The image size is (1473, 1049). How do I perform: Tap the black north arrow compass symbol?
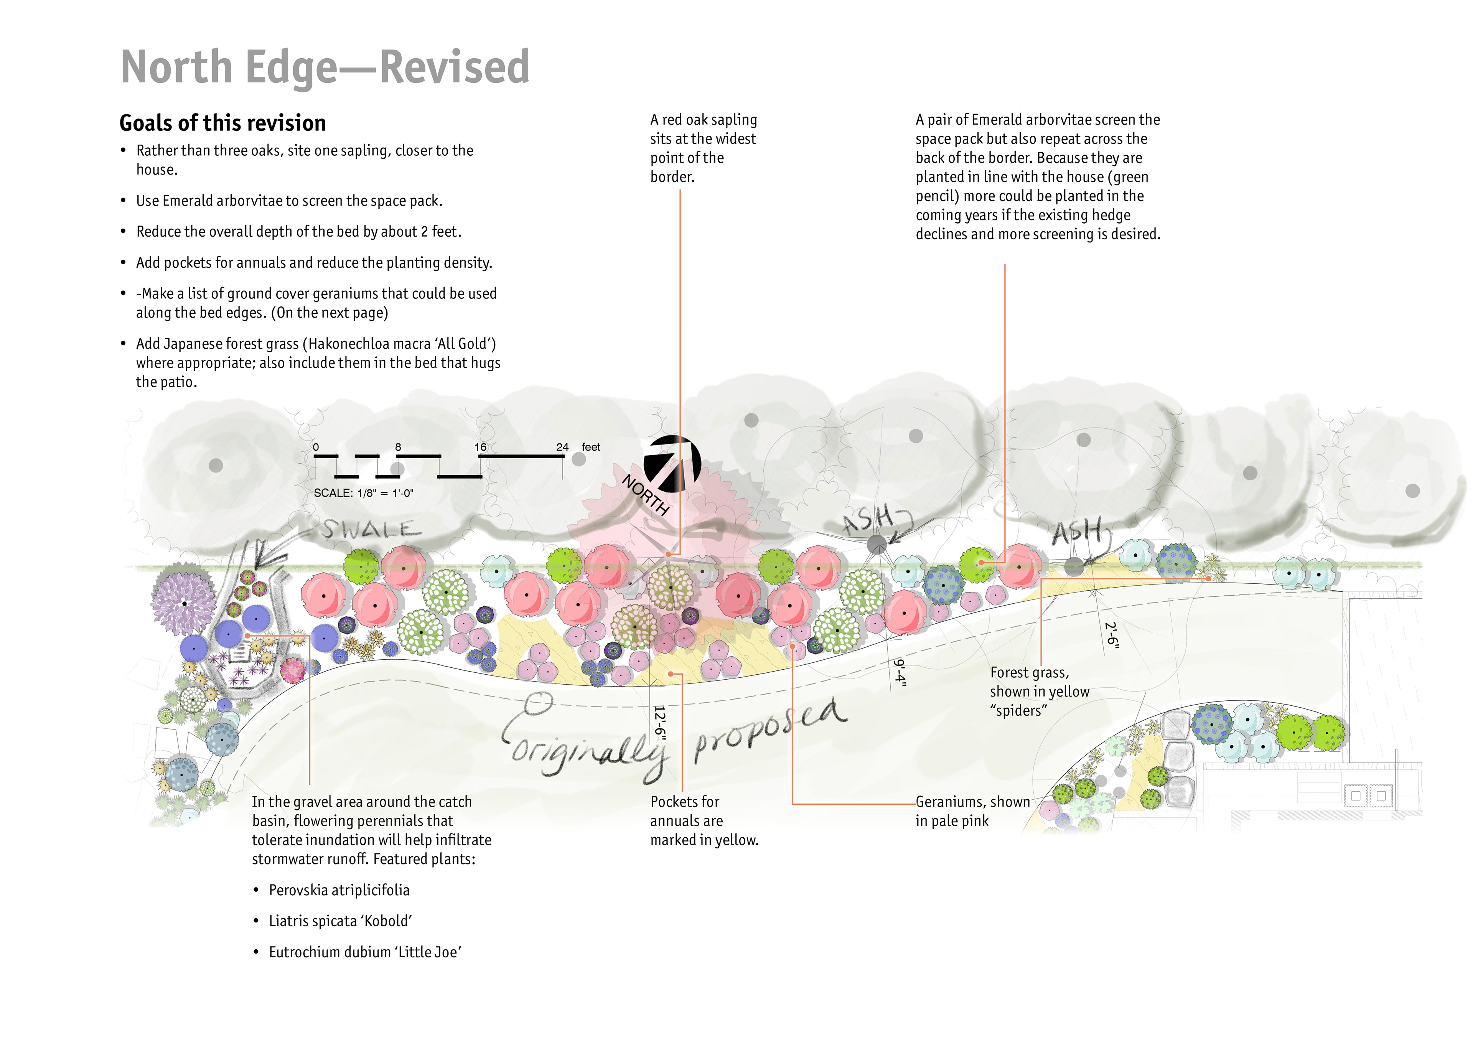672,464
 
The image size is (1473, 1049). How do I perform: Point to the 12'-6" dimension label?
659,720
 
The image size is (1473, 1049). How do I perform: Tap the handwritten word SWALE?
371,530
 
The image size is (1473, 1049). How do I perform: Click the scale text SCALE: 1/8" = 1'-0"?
363,493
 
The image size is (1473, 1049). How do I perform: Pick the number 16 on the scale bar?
480,447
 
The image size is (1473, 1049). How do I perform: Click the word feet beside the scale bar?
590,447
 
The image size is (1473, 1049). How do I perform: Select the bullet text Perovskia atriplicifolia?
339,890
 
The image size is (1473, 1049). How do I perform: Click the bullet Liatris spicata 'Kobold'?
340,921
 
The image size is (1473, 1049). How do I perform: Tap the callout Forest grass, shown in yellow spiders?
1039,691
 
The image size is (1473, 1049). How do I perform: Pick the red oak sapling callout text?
703,148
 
